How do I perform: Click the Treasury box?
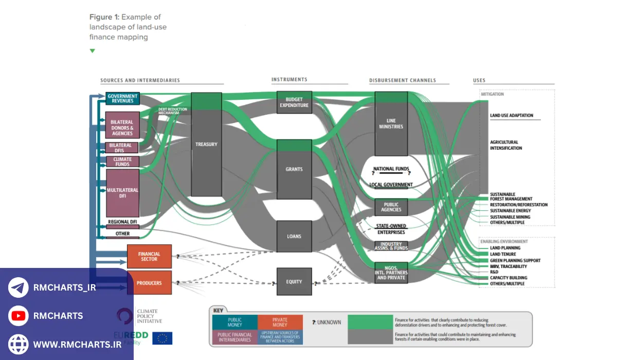[206, 145]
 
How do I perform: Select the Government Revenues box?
[122, 98]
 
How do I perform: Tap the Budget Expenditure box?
[294, 102]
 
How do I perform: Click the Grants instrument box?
[294, 169]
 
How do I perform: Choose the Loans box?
[294, 237]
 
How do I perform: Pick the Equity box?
[294, 281]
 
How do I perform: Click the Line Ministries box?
[391, 124]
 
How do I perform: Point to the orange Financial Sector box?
[149, 256]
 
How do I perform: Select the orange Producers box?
[149, 283]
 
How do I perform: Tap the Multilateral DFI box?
[122, 193]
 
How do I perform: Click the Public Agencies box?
[391, 207]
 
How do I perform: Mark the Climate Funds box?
[122, 161]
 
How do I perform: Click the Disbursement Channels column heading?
[402, 80]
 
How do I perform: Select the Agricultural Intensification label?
[506, 145]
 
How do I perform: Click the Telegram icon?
[19, 288]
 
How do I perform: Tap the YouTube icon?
[19, 316]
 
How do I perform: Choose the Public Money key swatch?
[235, 322]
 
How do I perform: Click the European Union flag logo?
[162, 338]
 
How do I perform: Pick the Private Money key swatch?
[280, 322]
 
